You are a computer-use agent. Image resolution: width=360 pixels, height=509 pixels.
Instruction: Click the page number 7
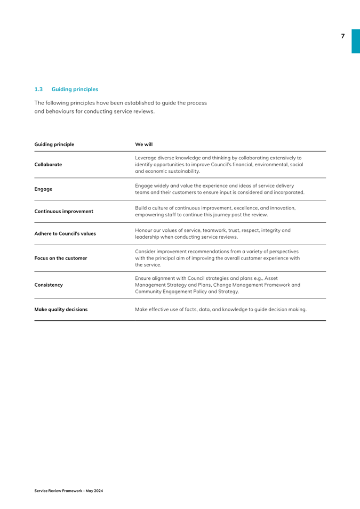pyautogui.click(x=343, y=36)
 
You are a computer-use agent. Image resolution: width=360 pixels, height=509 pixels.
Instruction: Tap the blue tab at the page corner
pyautogui.click(x=355, y=41)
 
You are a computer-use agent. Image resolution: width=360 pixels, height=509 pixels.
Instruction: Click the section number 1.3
pyautogui.click(x=38, y=89)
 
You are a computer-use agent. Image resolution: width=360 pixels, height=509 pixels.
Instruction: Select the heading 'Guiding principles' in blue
pyautogui.click(x=75, y=89)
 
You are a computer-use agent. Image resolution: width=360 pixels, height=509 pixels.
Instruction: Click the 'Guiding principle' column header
pyautogui.click(x=54, y=144)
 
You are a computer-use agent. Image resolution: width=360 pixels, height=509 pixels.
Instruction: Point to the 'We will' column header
pyautogui.click(x=144, y=144)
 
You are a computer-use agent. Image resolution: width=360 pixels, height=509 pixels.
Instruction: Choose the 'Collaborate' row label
pyautogui.click(x=48, y=165)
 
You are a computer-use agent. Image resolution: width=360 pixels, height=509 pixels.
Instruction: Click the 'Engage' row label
pyautogui.click(x=43, y=189)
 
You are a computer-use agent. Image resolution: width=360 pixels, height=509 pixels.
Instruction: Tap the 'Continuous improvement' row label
pyautogui.click(x=63, y=211)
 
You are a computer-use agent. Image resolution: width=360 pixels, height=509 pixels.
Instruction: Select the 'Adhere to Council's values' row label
pyautogui.click(x=65, y=233)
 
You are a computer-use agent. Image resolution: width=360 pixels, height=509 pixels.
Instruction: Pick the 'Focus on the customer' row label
pyautogui.click(x=60, y=258)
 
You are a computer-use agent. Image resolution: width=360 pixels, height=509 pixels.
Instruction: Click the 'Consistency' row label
pyautogui.click(x=48, y=285)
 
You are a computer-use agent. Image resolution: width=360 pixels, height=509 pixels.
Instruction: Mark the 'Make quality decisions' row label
pyautogui.click(x=61, y=309)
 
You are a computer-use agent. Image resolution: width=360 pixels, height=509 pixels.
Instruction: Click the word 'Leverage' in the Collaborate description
pyautogui.click(x=146, y=158)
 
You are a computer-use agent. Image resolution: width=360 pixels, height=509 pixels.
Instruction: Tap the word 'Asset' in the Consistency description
pyautogui.click(x=271, y=278)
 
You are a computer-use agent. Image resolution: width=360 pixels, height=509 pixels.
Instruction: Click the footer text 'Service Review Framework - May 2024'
pyautogui.click(x=69, y=490)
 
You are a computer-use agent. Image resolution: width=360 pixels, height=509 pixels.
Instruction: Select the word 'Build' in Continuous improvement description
pyautogui.click(x=141, y=208)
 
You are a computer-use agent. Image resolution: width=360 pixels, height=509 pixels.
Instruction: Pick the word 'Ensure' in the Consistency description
pyautogui.click(x=143, y=278)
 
